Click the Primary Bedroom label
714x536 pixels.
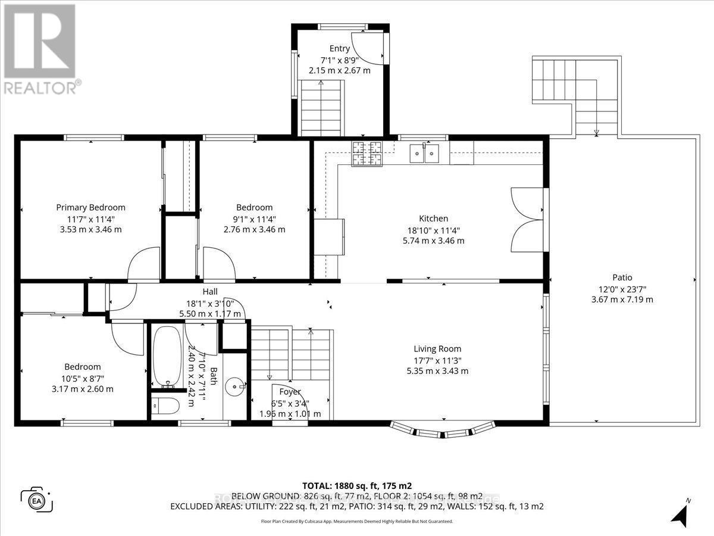coord(90,207)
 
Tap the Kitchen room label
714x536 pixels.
coord(433,219)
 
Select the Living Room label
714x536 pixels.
coord(437,349)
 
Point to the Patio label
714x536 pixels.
coord(622,277)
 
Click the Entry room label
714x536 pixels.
coord(339,48)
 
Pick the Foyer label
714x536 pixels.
coord(290,392)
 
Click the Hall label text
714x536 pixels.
coord(210,291)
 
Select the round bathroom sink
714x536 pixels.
coord(239,387)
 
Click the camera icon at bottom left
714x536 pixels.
coord(37,498)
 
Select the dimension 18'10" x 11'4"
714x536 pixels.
coord(433,230)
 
